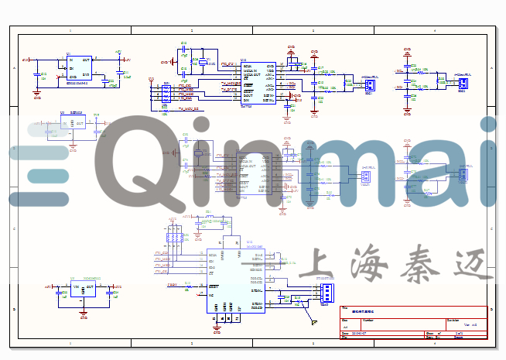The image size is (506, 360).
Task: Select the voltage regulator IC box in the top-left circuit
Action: coord(78,67)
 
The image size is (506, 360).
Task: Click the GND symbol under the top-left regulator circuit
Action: coord(37,95)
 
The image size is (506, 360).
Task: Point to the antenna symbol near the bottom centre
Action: coord(313,318)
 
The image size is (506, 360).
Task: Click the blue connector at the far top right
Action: coord(463,82)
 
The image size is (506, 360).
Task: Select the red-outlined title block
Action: coord(414,323)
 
